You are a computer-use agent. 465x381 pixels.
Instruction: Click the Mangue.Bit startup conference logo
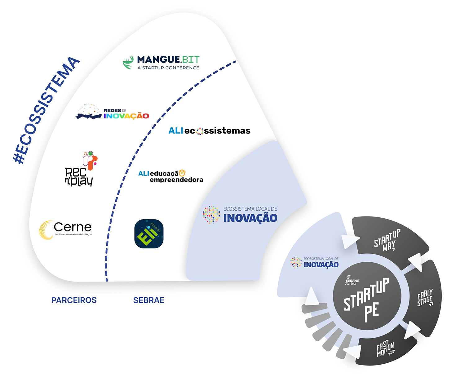click(x=161, y=62)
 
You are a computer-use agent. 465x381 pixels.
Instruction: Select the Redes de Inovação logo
click(x=112, y=112)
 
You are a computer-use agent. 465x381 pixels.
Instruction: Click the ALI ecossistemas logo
click(x=209, y=131)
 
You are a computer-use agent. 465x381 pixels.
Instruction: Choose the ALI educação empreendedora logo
click(x=170, y=176)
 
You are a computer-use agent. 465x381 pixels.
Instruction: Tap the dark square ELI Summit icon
click(x=149, y=234)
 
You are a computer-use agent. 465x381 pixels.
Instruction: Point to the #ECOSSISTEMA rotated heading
click(x=46, y=110)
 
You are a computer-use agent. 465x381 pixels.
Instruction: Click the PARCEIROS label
click(x=74, y=300)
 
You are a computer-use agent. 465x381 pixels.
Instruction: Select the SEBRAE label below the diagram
click(x=149, y=300)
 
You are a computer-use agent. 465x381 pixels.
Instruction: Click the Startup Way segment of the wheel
click(x=387, y=240)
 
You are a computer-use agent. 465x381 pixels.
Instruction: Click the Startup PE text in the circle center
click(x=367, y=299)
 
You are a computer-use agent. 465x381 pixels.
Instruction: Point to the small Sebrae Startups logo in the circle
click(x=352, y=280)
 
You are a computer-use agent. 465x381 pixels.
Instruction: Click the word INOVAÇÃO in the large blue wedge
click(x=250, y=218)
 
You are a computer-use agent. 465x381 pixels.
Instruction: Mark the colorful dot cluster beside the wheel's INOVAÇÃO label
click(x=296, y=262)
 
